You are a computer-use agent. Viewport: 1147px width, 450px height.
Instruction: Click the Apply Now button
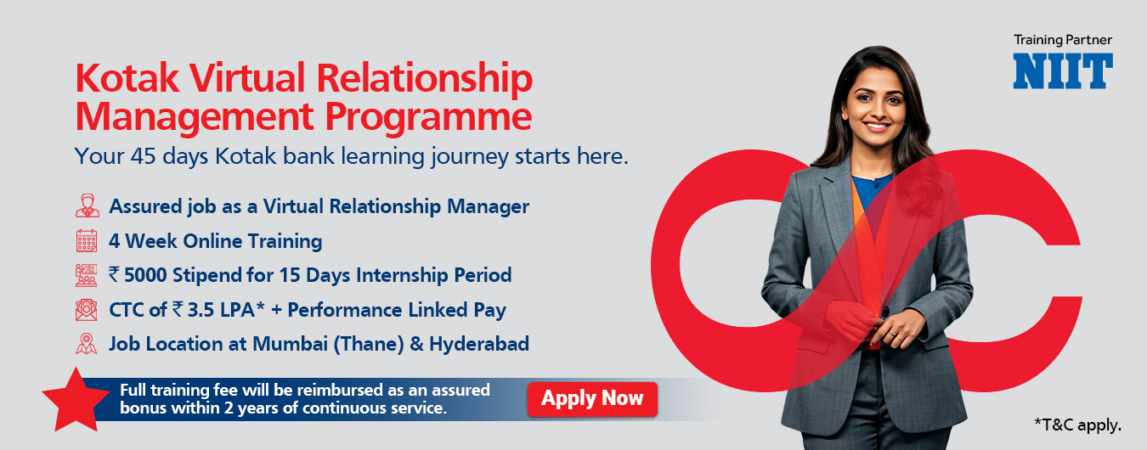click(592, 399)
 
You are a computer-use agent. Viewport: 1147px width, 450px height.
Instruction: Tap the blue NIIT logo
click(1063, 71)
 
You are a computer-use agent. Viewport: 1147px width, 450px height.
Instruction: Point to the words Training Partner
click(1063, 40)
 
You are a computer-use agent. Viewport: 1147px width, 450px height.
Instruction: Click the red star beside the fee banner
click(76, 400)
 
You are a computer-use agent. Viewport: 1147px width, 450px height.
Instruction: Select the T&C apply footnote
click(1078, 425)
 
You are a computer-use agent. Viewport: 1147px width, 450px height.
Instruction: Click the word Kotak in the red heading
click(127, 78)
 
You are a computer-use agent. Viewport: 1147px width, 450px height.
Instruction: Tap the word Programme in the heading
click(428, 118)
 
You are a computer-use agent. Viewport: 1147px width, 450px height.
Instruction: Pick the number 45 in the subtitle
click(143, 156)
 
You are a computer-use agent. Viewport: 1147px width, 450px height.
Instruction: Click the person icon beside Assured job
click(87, 205)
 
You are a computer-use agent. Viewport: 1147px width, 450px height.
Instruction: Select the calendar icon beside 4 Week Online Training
click(87, 240)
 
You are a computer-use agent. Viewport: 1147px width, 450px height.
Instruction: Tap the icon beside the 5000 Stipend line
click(86, 275)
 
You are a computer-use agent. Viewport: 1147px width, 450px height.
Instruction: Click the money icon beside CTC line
click(86, 310)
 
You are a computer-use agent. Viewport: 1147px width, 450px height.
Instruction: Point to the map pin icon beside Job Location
click(86, 344)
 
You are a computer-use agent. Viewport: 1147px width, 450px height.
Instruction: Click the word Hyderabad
click(479, 344)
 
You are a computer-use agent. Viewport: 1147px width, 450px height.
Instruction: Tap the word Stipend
click(206, 275)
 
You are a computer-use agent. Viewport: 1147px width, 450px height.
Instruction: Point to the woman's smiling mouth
click(877, 125)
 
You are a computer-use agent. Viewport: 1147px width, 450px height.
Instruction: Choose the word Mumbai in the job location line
click(290, 344)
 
